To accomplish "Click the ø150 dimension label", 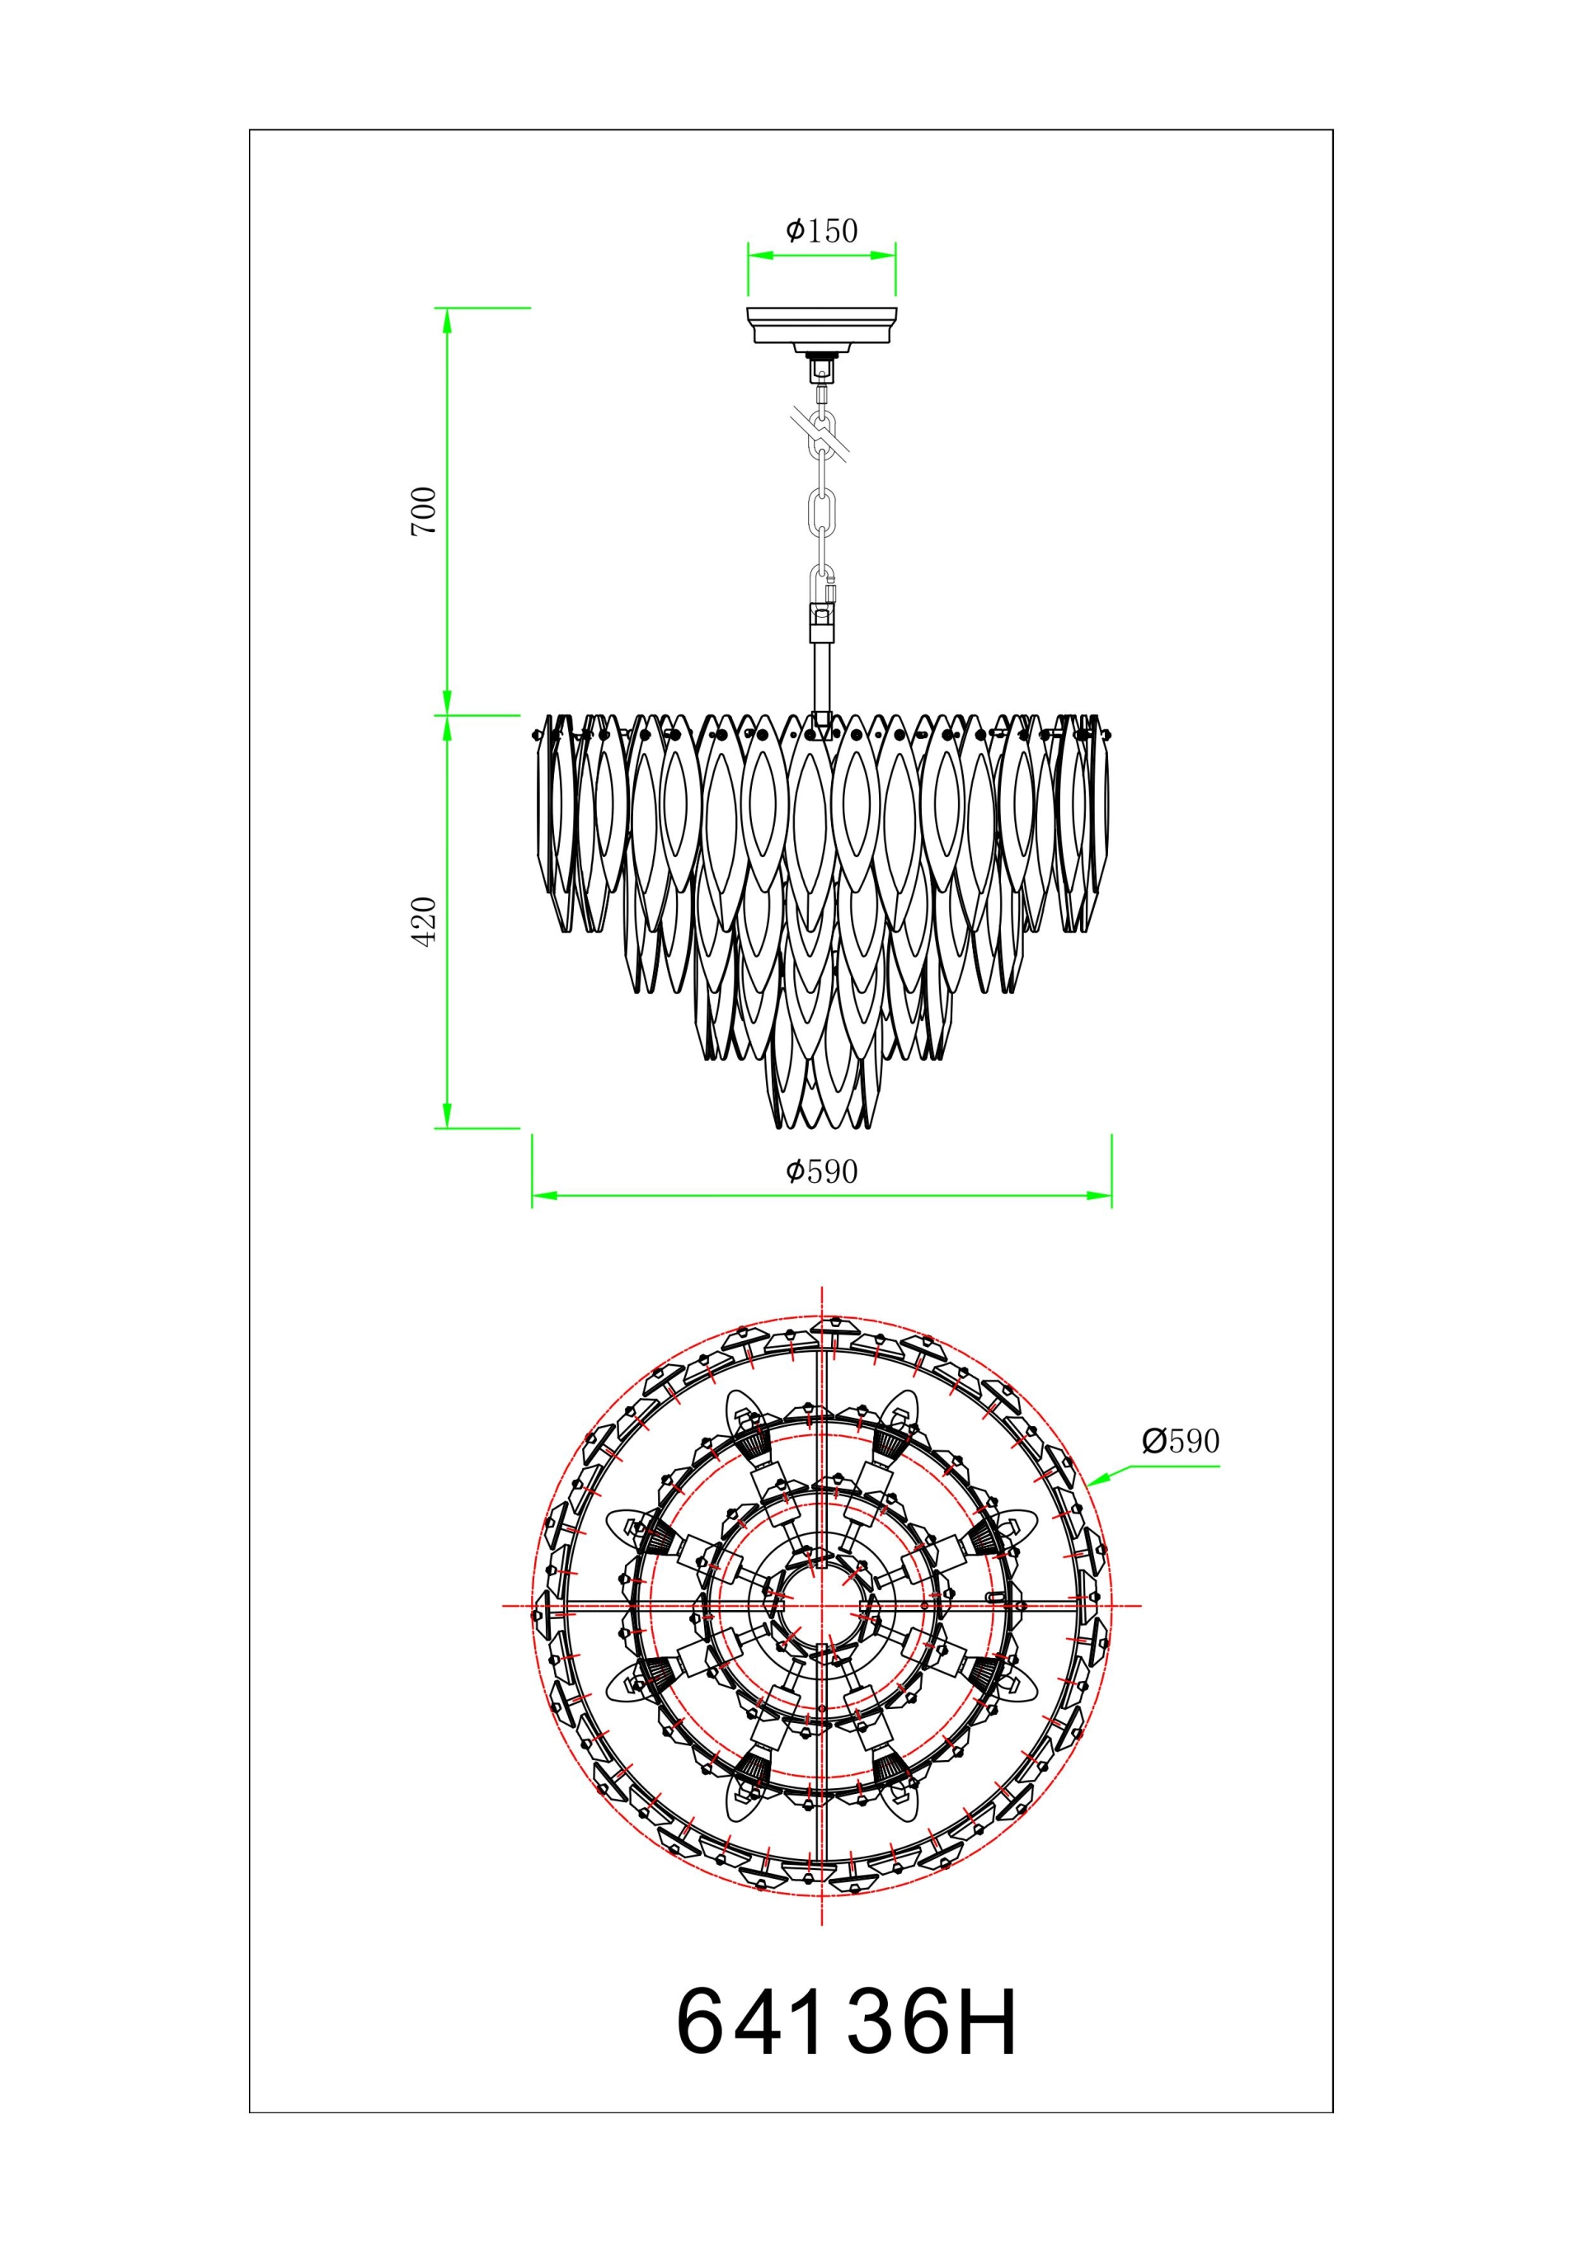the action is [x=822, y=230].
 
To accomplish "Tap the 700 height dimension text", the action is [x=424, y=511].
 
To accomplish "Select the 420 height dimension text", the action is [x=424, y=920].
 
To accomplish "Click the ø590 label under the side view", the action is [x=822, y=1171].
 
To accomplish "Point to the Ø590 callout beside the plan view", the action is [x=1181, y=1441].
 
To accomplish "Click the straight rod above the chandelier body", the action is [x=822, y=676].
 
